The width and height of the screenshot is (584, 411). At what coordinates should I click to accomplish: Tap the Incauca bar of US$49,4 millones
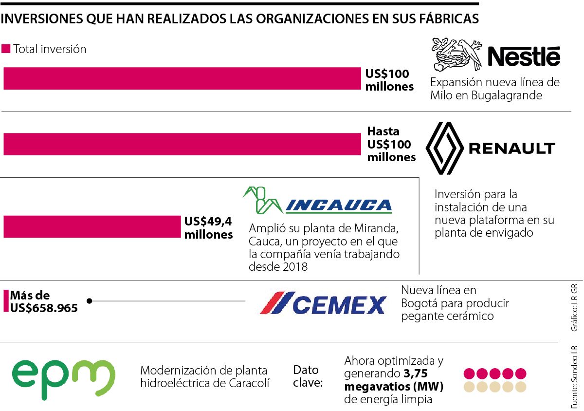pos(91,227)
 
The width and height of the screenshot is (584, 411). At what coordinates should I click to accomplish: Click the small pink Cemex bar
pos(6,301)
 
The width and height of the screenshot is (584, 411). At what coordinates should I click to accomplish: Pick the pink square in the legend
pos(6,49)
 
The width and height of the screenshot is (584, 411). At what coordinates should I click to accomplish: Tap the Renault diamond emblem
pos(444,148)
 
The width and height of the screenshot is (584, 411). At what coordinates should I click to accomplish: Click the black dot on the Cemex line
pos(90,301)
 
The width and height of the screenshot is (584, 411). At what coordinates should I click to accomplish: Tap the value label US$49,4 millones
pos(208,228)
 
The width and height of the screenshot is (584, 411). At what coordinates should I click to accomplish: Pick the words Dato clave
pos(309,376)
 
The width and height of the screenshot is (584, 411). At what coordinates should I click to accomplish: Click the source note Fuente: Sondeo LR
pos(574,377)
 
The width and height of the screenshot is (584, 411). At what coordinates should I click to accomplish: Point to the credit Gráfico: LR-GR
pos(574,307)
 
